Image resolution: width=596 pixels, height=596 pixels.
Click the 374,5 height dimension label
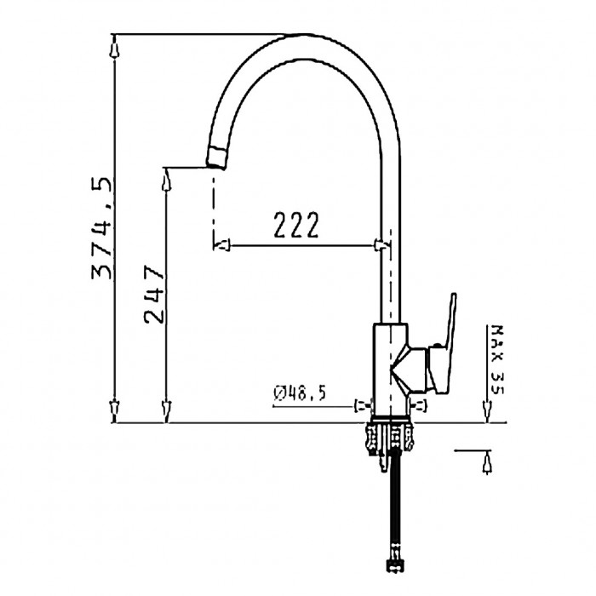click(102, 229)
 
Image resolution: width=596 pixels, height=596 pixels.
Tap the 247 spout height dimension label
click(154, 295)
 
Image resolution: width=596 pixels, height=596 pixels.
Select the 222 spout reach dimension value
click(296, 226)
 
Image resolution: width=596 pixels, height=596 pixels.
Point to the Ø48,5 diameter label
click(300, 393)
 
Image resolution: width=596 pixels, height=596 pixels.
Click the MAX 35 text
click(496, 360)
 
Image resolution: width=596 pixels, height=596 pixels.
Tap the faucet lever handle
click(443, 344)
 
